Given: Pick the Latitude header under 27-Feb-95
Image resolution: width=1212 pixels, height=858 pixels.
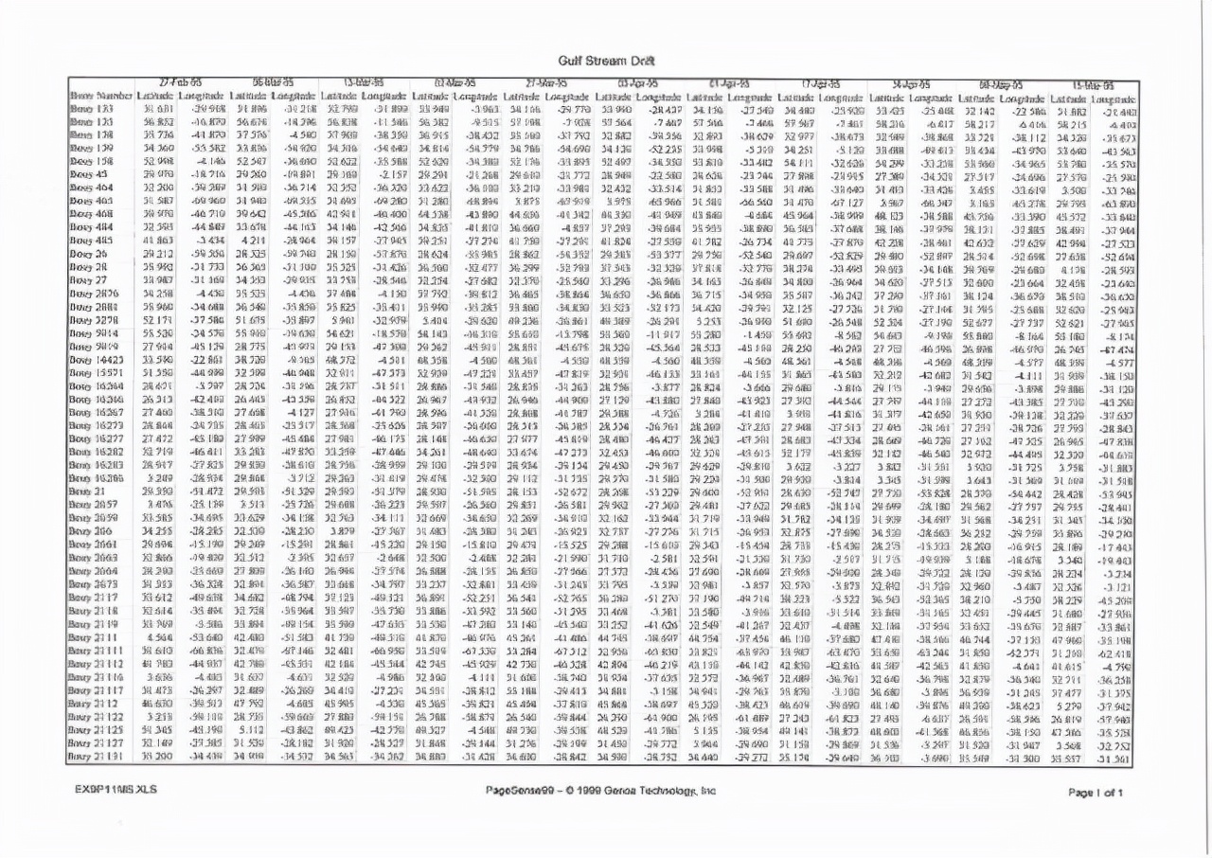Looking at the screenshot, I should pyautogui.click(x=151, y=97).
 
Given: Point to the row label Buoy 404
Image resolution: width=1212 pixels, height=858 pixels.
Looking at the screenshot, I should pyautogui.click(x=97, y=188).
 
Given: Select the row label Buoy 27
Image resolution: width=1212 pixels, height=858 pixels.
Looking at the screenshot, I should pyautogui.click(x=94, y=280).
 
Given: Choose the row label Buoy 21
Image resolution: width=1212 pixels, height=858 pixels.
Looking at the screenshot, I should pyautogui.click(x=93, y=492).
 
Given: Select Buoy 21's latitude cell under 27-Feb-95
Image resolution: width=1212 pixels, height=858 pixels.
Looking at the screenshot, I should pyautogui.click(x=151, y=492).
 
